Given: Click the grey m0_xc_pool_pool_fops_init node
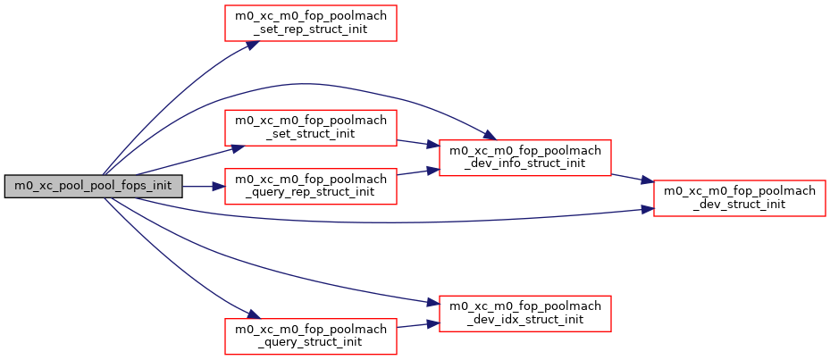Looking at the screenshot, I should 94,187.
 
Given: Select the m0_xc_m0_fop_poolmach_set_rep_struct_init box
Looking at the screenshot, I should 310,22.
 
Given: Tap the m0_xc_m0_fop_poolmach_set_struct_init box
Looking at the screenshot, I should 310,127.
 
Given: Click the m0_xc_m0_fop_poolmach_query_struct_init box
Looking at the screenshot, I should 310,335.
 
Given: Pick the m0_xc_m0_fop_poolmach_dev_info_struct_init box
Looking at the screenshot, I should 524,157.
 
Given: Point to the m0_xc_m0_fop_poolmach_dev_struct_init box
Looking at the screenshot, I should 739,197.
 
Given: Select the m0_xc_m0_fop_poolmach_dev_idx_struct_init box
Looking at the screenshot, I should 524,314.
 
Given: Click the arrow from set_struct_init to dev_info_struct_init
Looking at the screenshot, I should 417,143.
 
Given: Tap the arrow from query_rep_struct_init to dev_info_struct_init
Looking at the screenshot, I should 417,171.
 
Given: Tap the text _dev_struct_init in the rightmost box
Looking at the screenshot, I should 739,205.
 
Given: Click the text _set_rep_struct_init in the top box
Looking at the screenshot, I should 310,29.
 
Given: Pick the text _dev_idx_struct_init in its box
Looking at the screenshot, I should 524,320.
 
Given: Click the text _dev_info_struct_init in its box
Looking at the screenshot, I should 524,164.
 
